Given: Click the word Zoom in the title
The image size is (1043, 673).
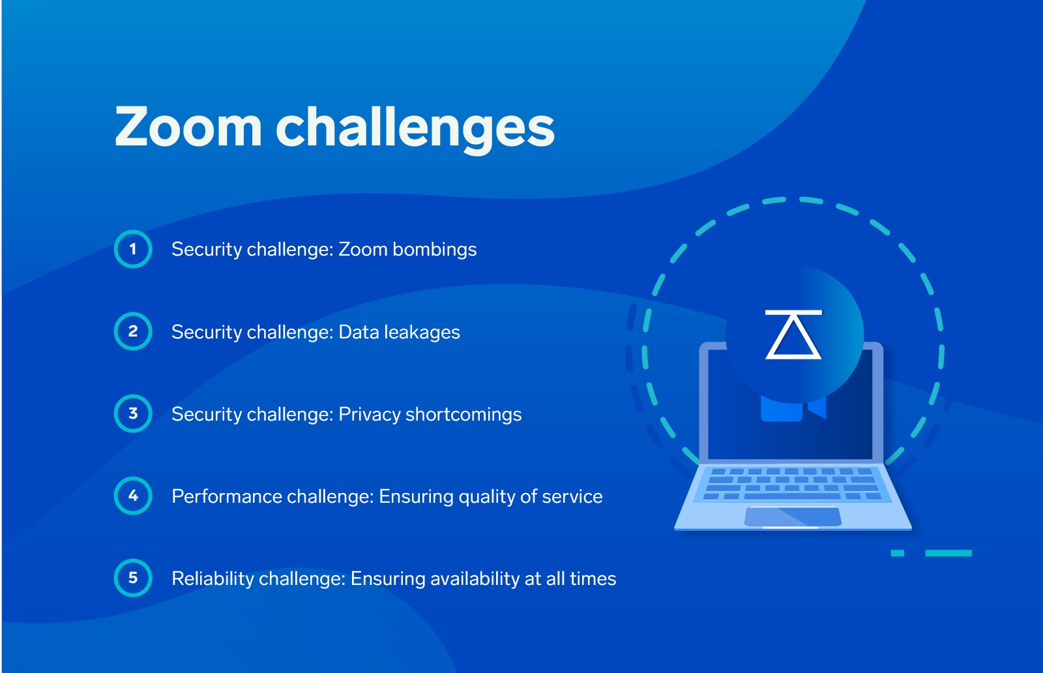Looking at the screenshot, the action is (188, 127).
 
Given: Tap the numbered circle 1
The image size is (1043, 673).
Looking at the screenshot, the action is (133, 249).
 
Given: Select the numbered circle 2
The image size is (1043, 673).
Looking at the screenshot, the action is (133, 331).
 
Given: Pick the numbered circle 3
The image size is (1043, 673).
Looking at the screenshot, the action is (133, 413).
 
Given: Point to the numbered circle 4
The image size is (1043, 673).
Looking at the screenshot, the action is (133, 496).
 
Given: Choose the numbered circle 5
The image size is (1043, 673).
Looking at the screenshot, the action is (133, 578).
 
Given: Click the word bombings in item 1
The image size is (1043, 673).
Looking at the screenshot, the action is (434, 250).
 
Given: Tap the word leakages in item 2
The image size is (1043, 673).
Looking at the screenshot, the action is (422, 333).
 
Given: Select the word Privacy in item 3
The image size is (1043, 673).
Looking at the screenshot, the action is (369, 415).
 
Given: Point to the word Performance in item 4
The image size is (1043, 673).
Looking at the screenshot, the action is (226, 496).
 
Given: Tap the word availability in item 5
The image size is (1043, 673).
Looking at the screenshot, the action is (475, 579).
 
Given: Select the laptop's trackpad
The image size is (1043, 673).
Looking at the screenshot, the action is (793, 517).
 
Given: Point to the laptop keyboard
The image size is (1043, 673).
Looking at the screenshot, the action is (792, 485).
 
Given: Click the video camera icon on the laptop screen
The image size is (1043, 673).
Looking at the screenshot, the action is (793, 408).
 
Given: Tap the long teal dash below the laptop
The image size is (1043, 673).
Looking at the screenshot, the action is (948, 553).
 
